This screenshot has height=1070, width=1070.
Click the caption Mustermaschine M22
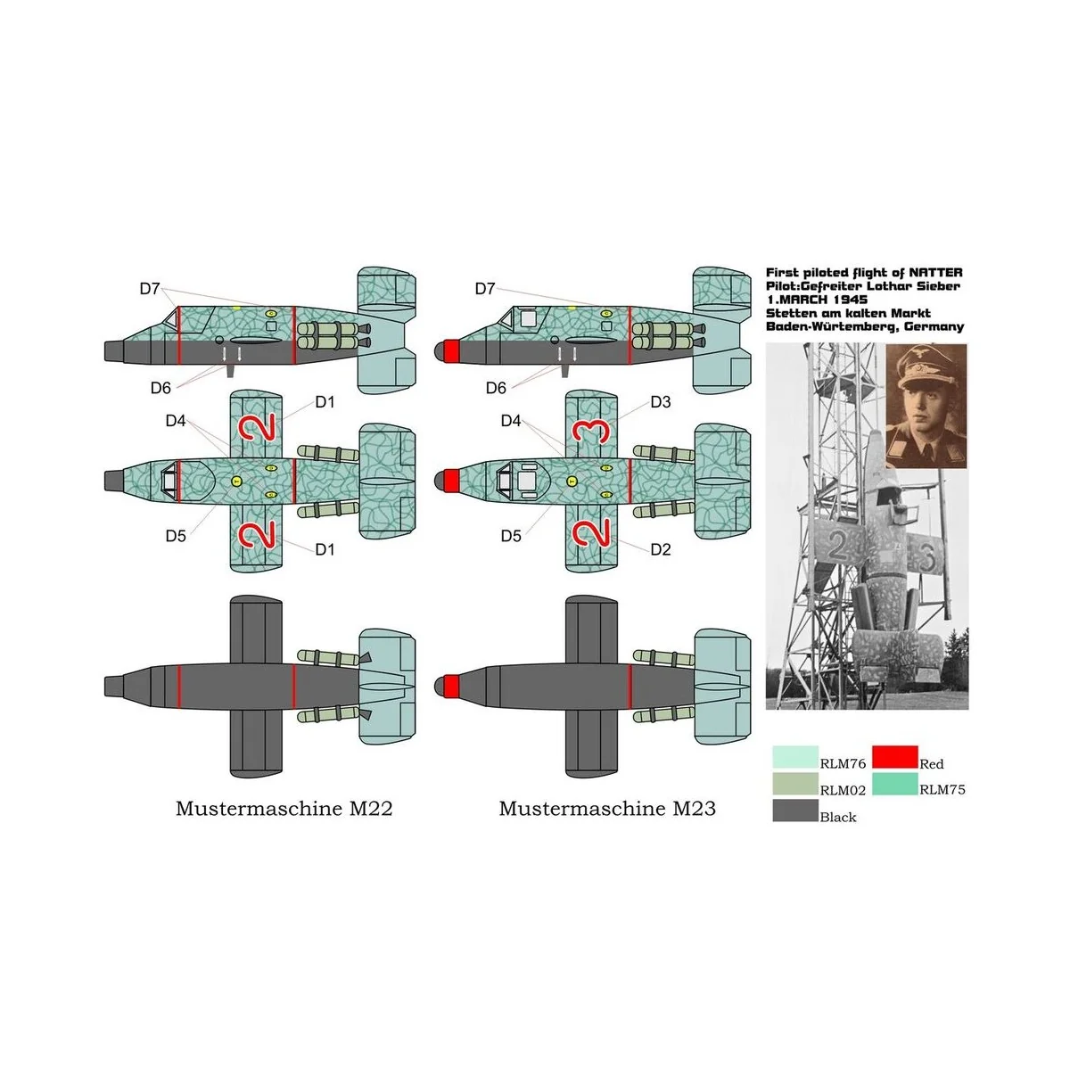tap(284, 809)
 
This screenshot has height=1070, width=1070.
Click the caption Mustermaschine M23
tap(606, 809)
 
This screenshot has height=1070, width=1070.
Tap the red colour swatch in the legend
tap(893, 758)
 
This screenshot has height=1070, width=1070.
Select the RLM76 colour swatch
tap(794, 758)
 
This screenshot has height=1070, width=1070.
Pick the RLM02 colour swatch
tap(794, 784)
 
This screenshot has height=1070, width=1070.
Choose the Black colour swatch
tap(794, 811)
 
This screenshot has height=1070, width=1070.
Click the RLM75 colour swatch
tap(893, 784)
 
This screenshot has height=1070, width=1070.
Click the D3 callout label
tap(660, 402)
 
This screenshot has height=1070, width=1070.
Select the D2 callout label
tap(660, 549)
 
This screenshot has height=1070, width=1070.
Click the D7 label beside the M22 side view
tap(149, 289)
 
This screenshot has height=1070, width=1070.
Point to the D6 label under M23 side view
tap(496, 387)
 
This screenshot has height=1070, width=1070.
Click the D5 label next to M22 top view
tap(176, 536)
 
